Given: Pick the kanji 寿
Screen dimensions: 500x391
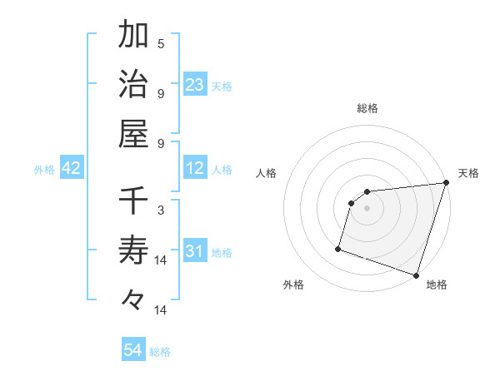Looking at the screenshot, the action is [133, 250].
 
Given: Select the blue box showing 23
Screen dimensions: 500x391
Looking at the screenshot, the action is [195, 85].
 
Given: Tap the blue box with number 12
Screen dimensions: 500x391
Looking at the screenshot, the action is [195, 169].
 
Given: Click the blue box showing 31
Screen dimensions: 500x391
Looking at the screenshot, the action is [195, 251].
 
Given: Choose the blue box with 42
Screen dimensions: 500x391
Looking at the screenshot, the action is [72, 169].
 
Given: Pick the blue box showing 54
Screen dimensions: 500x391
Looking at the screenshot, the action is [133, 351].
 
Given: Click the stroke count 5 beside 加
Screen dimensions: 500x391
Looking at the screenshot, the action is [161, 43].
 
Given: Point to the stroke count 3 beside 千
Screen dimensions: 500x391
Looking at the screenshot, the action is [161, 210].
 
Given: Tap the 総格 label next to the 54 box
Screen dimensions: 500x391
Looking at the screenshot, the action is [160, 352].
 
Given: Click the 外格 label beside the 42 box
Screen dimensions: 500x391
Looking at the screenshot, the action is [44, 170].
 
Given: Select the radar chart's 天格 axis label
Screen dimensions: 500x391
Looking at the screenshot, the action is [468, 173].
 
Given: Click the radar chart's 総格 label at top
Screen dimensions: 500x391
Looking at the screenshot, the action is [367, 108].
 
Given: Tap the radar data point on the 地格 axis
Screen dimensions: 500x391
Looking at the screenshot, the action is [416, 275].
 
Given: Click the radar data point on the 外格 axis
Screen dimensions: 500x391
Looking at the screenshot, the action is [338, 248].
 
